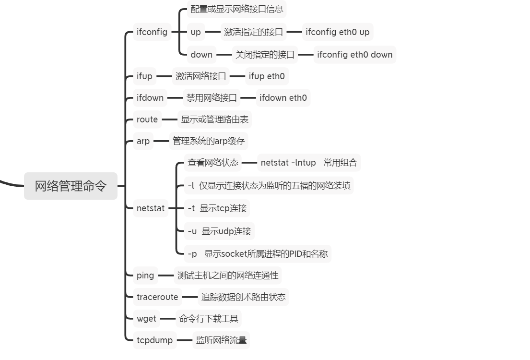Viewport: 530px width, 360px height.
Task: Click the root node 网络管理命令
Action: [71, 186]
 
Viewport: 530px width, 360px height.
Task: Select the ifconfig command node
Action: [152, 32]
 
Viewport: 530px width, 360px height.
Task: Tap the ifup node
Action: [144, 76]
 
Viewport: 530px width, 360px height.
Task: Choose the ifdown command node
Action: [150, 98]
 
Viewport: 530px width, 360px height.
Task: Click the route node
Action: [147, 120]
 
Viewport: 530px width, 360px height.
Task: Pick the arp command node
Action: [143, 141]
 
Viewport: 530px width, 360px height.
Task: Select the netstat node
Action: [151, 208]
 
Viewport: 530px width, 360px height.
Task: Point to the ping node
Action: [145, 276]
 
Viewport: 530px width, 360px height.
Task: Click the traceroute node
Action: [157, 297]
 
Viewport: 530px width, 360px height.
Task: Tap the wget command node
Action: [146, 319]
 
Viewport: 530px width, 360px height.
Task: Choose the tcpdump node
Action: [154, 340]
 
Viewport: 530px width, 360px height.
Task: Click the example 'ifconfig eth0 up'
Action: [338, 32]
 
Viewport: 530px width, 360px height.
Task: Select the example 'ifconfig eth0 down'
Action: [355, 54]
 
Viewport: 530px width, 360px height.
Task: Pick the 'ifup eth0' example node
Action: [267, 76]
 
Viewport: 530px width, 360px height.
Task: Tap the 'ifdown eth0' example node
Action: [283, 98]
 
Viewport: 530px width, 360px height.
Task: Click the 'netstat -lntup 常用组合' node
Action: [309, 163]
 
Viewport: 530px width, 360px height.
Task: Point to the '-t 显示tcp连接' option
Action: [217, 208]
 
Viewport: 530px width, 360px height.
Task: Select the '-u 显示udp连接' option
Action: [219, 231]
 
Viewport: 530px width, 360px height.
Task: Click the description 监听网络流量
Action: [221, 340]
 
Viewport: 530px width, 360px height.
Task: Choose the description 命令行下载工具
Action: [209, 319]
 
